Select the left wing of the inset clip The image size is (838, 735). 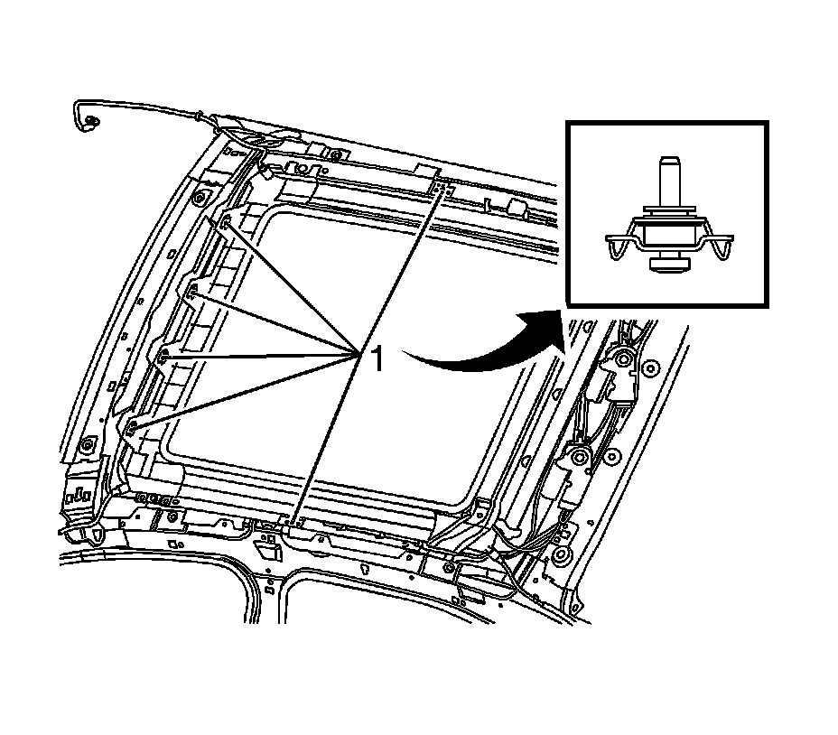point(618,245)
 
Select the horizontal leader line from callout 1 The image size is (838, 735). point(262,356)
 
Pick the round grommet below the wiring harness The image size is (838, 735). point(561,554)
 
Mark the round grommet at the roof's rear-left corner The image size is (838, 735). point(88,446)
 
